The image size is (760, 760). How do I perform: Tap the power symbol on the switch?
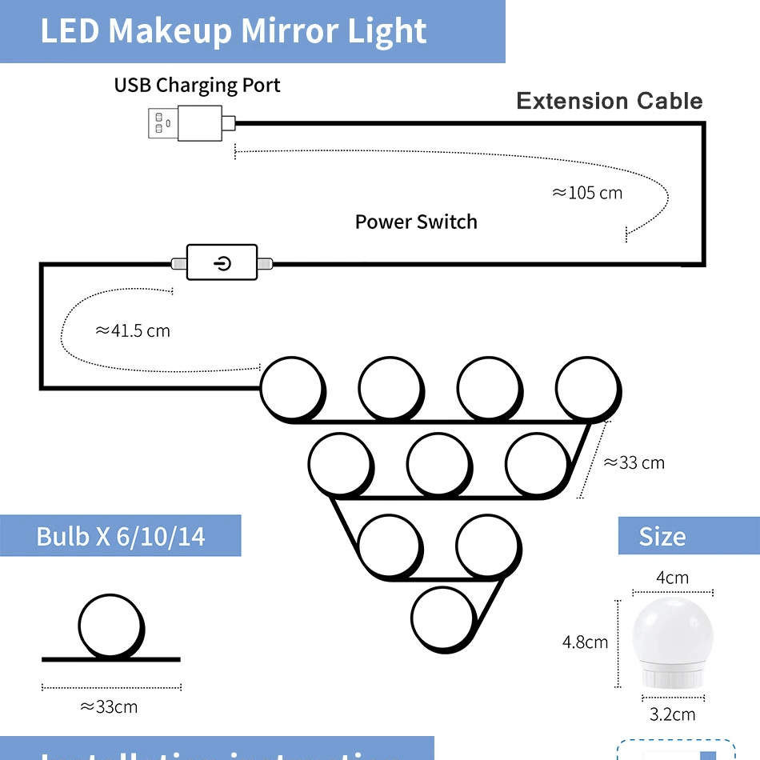(x=222, y=262)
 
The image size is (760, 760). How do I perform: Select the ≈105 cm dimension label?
(x=587, y=193)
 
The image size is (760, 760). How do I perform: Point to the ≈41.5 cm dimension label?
(x=133, y=330)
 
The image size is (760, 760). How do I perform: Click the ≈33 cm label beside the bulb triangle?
(x=634, y=462)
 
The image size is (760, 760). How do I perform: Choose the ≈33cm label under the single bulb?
(x=110, y=706)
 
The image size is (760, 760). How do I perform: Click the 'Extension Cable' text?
(x=609, y=101)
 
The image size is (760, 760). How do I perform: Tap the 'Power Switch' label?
(x=416, y=222)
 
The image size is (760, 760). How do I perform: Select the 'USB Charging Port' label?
(x=197, y=85)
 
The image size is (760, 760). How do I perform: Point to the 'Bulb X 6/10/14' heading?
(x=121, y=536)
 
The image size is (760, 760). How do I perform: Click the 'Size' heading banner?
(x=662, y=536)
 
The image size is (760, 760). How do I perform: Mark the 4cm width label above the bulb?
(x=672, y=578)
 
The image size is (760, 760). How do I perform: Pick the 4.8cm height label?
(x=585, y=642)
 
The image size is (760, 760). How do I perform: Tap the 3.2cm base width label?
(x=672, y=714)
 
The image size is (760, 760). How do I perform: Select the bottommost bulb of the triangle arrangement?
(x=442, y=618)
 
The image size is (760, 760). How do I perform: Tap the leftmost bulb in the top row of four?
(x=292, y=389)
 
